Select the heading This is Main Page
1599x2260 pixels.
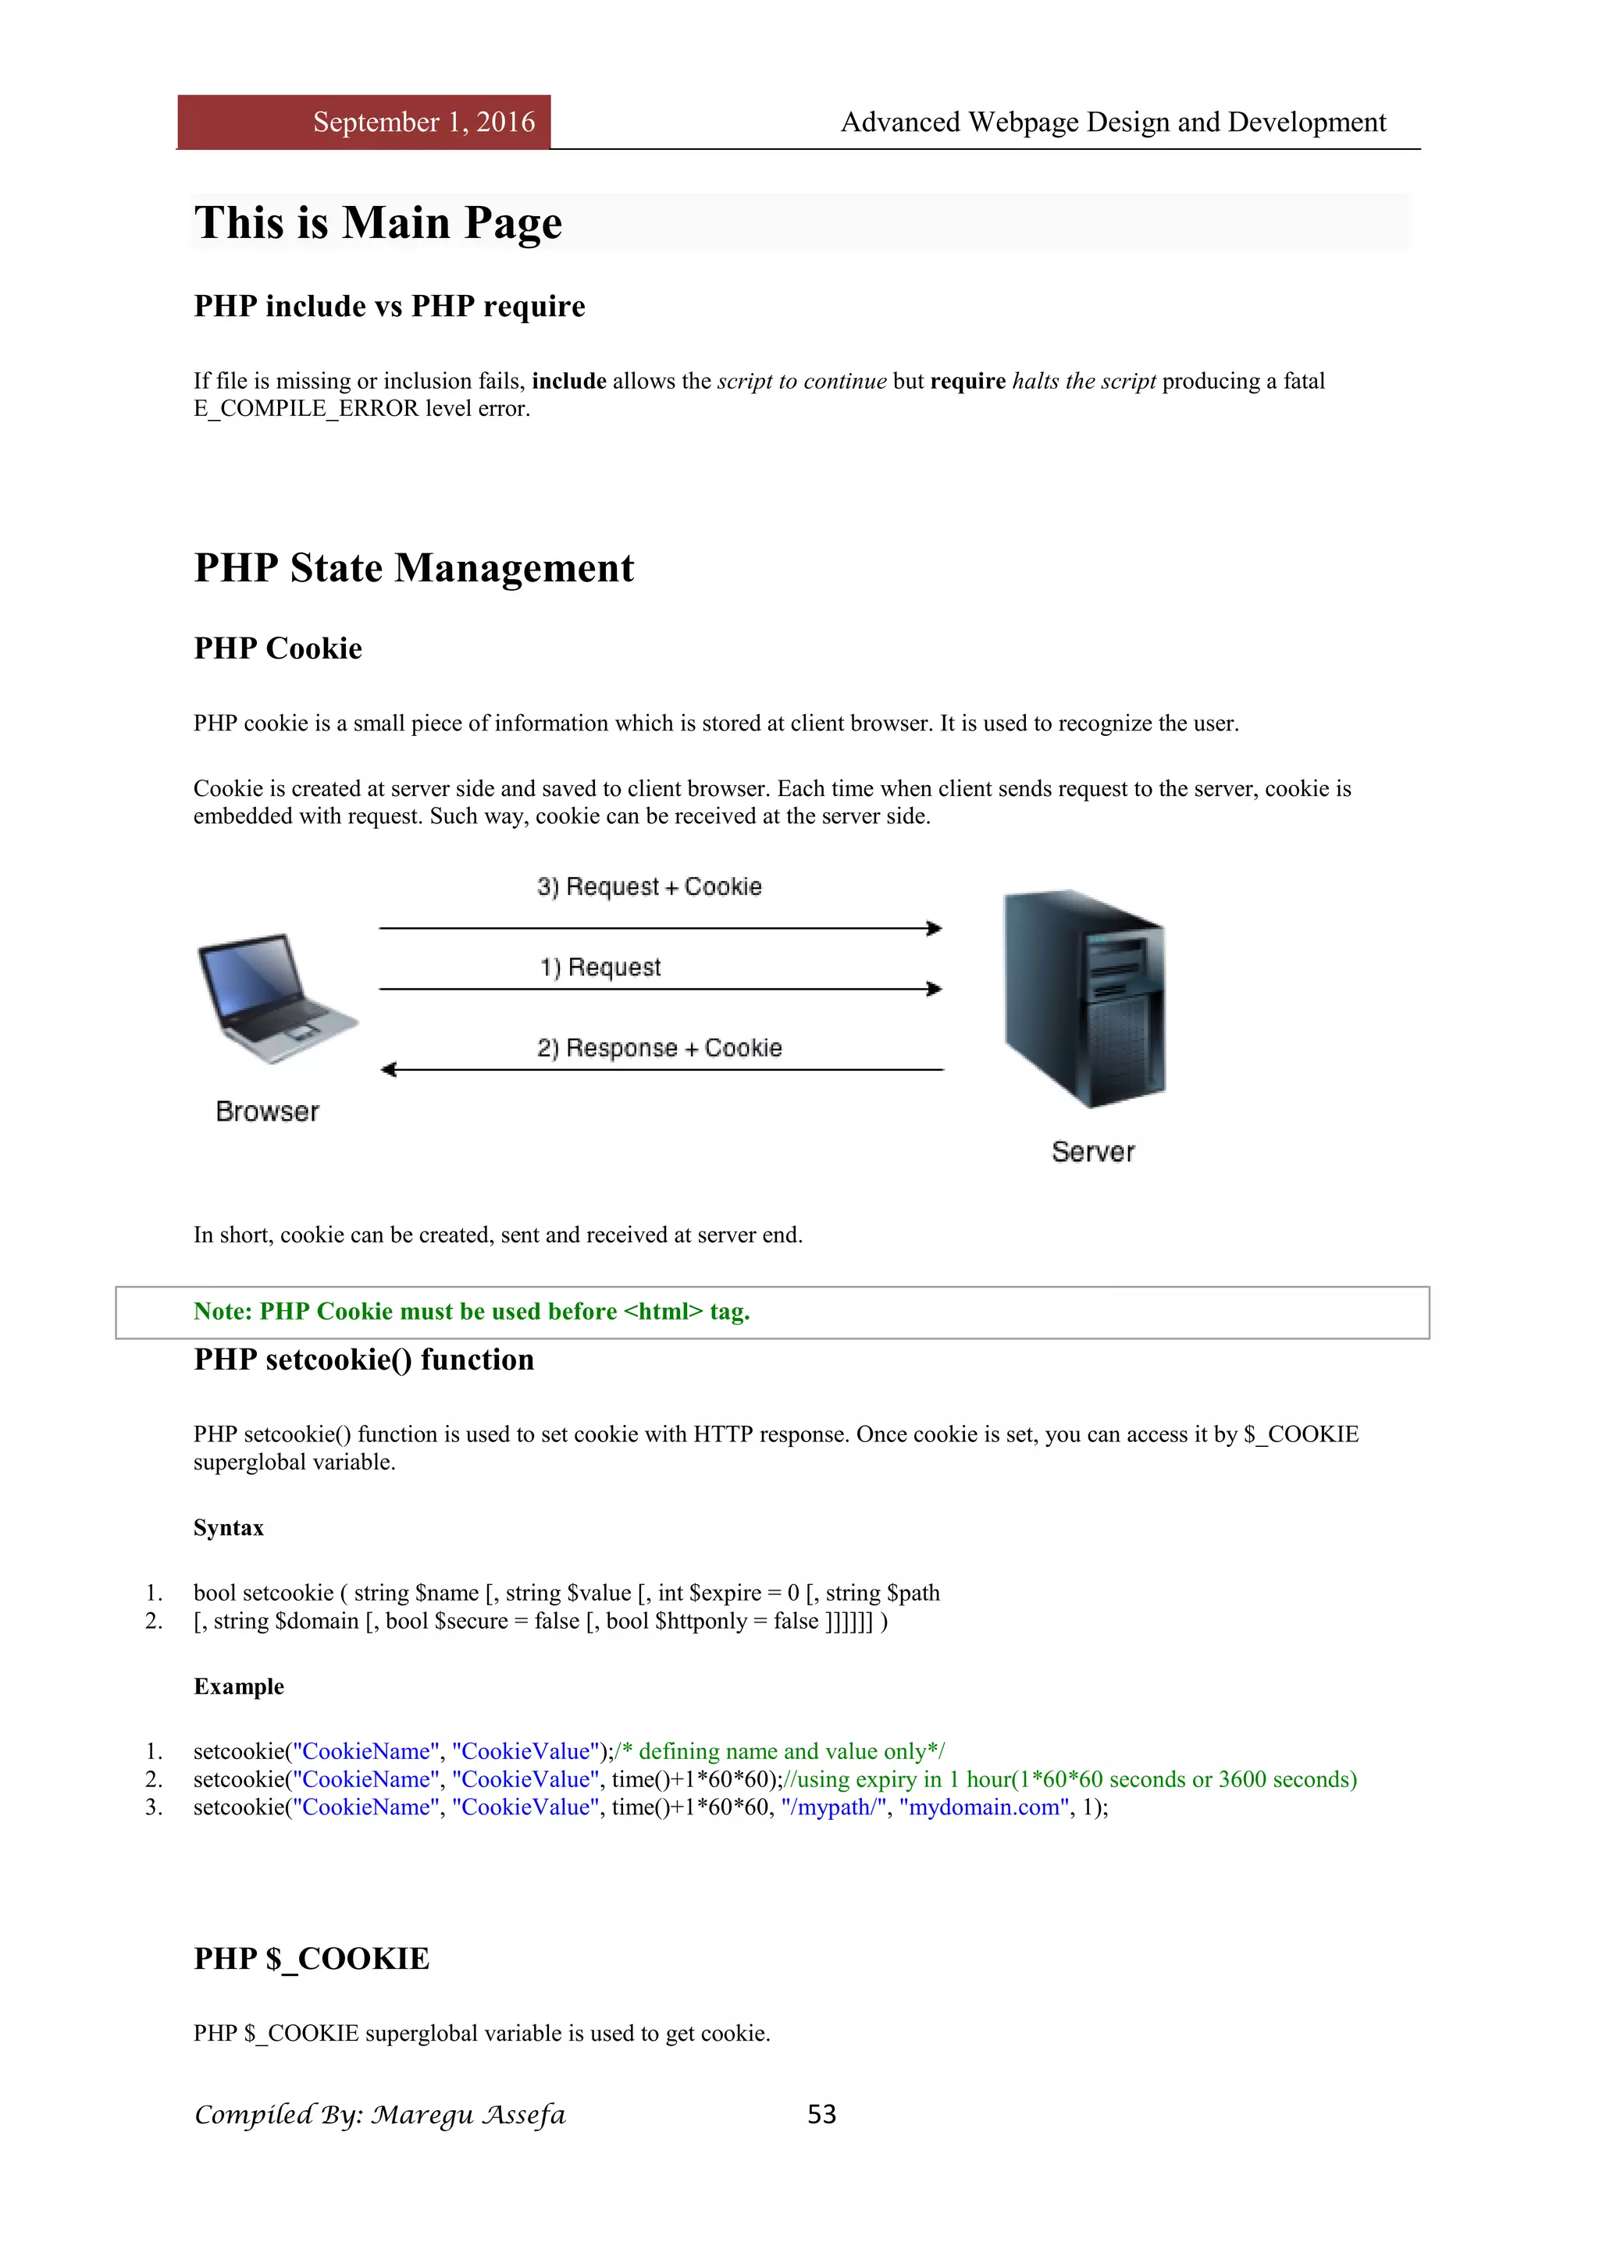coord(378,222)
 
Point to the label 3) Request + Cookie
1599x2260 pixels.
coord(650,887)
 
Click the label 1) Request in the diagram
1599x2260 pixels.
coord(600,968)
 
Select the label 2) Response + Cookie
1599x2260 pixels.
coord(660,1048)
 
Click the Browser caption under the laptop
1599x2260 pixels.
coord(267,1112)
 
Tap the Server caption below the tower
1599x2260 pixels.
coord(1093,1153)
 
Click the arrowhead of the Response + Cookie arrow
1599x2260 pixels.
coord(388,1070)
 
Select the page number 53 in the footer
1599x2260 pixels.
coord(821,2114)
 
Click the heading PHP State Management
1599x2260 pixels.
coord(414,568)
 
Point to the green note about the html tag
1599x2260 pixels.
coord(472,1312)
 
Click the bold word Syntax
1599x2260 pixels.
coord(229,1528)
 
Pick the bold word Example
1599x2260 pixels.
coord(238,1686)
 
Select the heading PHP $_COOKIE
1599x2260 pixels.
coord(312,1959)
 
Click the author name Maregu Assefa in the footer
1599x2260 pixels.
coord(468,2116)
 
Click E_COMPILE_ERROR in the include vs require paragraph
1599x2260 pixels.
coord(306,408)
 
